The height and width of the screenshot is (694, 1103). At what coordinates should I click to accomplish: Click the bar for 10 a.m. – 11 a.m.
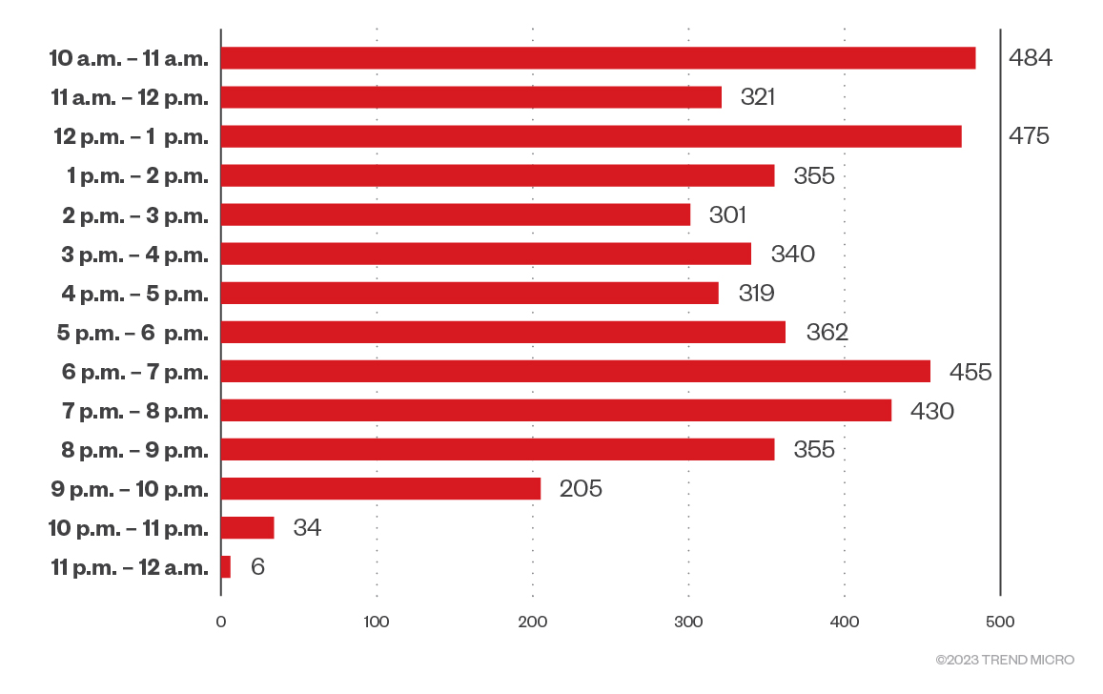(x=598, y=58)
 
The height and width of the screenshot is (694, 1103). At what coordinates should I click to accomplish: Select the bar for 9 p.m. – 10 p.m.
(x=380, y=489)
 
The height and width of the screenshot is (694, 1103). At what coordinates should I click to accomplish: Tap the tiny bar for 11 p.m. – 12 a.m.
(x=226, y=567)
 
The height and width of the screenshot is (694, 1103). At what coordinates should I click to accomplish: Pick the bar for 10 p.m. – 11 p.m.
(x=247, y=528)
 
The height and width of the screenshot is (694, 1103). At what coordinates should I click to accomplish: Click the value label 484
(x=1031, y=58)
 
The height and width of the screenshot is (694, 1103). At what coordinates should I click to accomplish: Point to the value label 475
(x=1029, y=136)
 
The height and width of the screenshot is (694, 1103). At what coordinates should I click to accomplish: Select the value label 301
(x=727, y=215)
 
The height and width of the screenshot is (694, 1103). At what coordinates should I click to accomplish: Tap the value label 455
(x=970, y=372)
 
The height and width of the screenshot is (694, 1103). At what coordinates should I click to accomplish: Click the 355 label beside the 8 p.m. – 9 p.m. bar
(x=814, y=450)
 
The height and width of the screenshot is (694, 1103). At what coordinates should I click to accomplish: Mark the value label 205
(x=582, y=489)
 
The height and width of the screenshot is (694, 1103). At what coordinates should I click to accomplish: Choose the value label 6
(x=257, y=567)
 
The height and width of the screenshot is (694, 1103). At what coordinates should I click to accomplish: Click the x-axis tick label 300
(x=688, y=623)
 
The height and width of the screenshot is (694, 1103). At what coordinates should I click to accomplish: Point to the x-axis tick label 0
(x=221, y=623)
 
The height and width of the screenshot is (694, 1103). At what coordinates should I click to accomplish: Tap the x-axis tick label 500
(x=1000, y=623)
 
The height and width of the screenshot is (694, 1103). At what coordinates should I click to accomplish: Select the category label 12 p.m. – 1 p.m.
(x=131, y=136)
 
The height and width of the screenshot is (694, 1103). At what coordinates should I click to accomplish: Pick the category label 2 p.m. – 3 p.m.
(x=134, y=215)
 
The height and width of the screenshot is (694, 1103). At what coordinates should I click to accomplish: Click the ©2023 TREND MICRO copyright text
(x=1005, y=660)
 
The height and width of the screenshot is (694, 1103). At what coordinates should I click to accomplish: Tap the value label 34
(x=307, y=528)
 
